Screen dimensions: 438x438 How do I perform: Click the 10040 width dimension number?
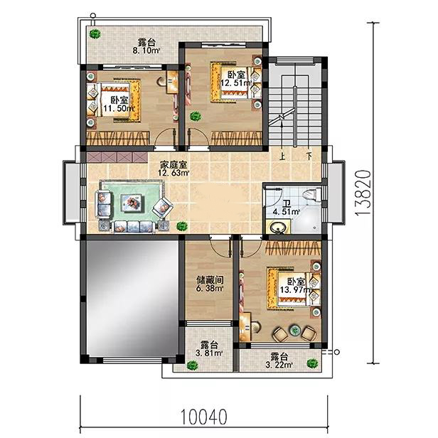pos(203,417)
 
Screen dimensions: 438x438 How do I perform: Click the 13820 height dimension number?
pos(363,193)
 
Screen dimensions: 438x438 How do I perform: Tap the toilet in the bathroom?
pos(310,194)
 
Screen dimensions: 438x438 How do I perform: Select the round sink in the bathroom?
pos(277,228)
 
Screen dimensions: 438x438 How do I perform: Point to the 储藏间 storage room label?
pos(210,279)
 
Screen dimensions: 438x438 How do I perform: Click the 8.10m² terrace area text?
pos(146,51)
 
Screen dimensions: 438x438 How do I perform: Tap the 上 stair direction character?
pos(282,156)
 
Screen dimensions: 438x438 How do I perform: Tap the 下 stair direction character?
pos(309,156)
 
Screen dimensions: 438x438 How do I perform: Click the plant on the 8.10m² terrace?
pos(95,34)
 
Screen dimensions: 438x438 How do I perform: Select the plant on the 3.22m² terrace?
pos(312,363)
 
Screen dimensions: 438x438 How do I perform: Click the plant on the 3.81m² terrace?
pos(193,365)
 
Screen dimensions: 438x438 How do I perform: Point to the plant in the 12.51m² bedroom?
pos(196,116)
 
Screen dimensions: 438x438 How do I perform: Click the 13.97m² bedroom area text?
pos(296,290)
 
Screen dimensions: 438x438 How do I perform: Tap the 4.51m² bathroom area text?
pos(286,212)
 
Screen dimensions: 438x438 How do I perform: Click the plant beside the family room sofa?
pos(182,225)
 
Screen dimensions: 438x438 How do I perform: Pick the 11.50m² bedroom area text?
pos(119,108)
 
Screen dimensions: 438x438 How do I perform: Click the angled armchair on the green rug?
pos(163,207)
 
